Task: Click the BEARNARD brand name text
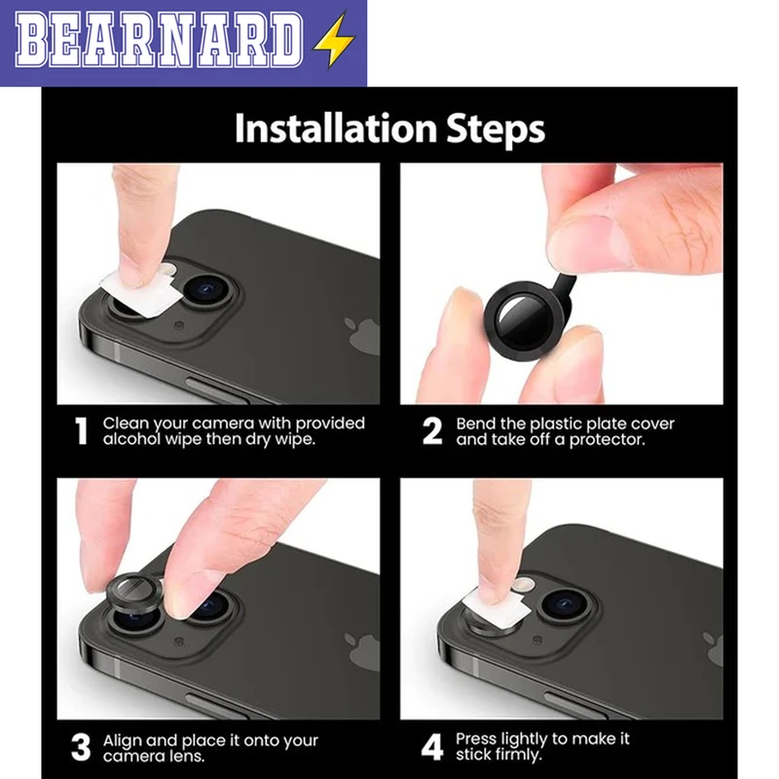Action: (x=159, y=40)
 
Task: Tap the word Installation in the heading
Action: (x=335, y=128)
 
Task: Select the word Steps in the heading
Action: (x=496, y=130)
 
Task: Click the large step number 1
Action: (x=81, y=430)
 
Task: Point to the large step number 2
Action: (x=432, y=430)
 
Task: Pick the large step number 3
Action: (x=81, y=747)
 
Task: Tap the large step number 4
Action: (x=432, y=747)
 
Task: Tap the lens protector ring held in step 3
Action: (x=134, y=594)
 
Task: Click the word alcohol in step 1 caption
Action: (x=132, y=439)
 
